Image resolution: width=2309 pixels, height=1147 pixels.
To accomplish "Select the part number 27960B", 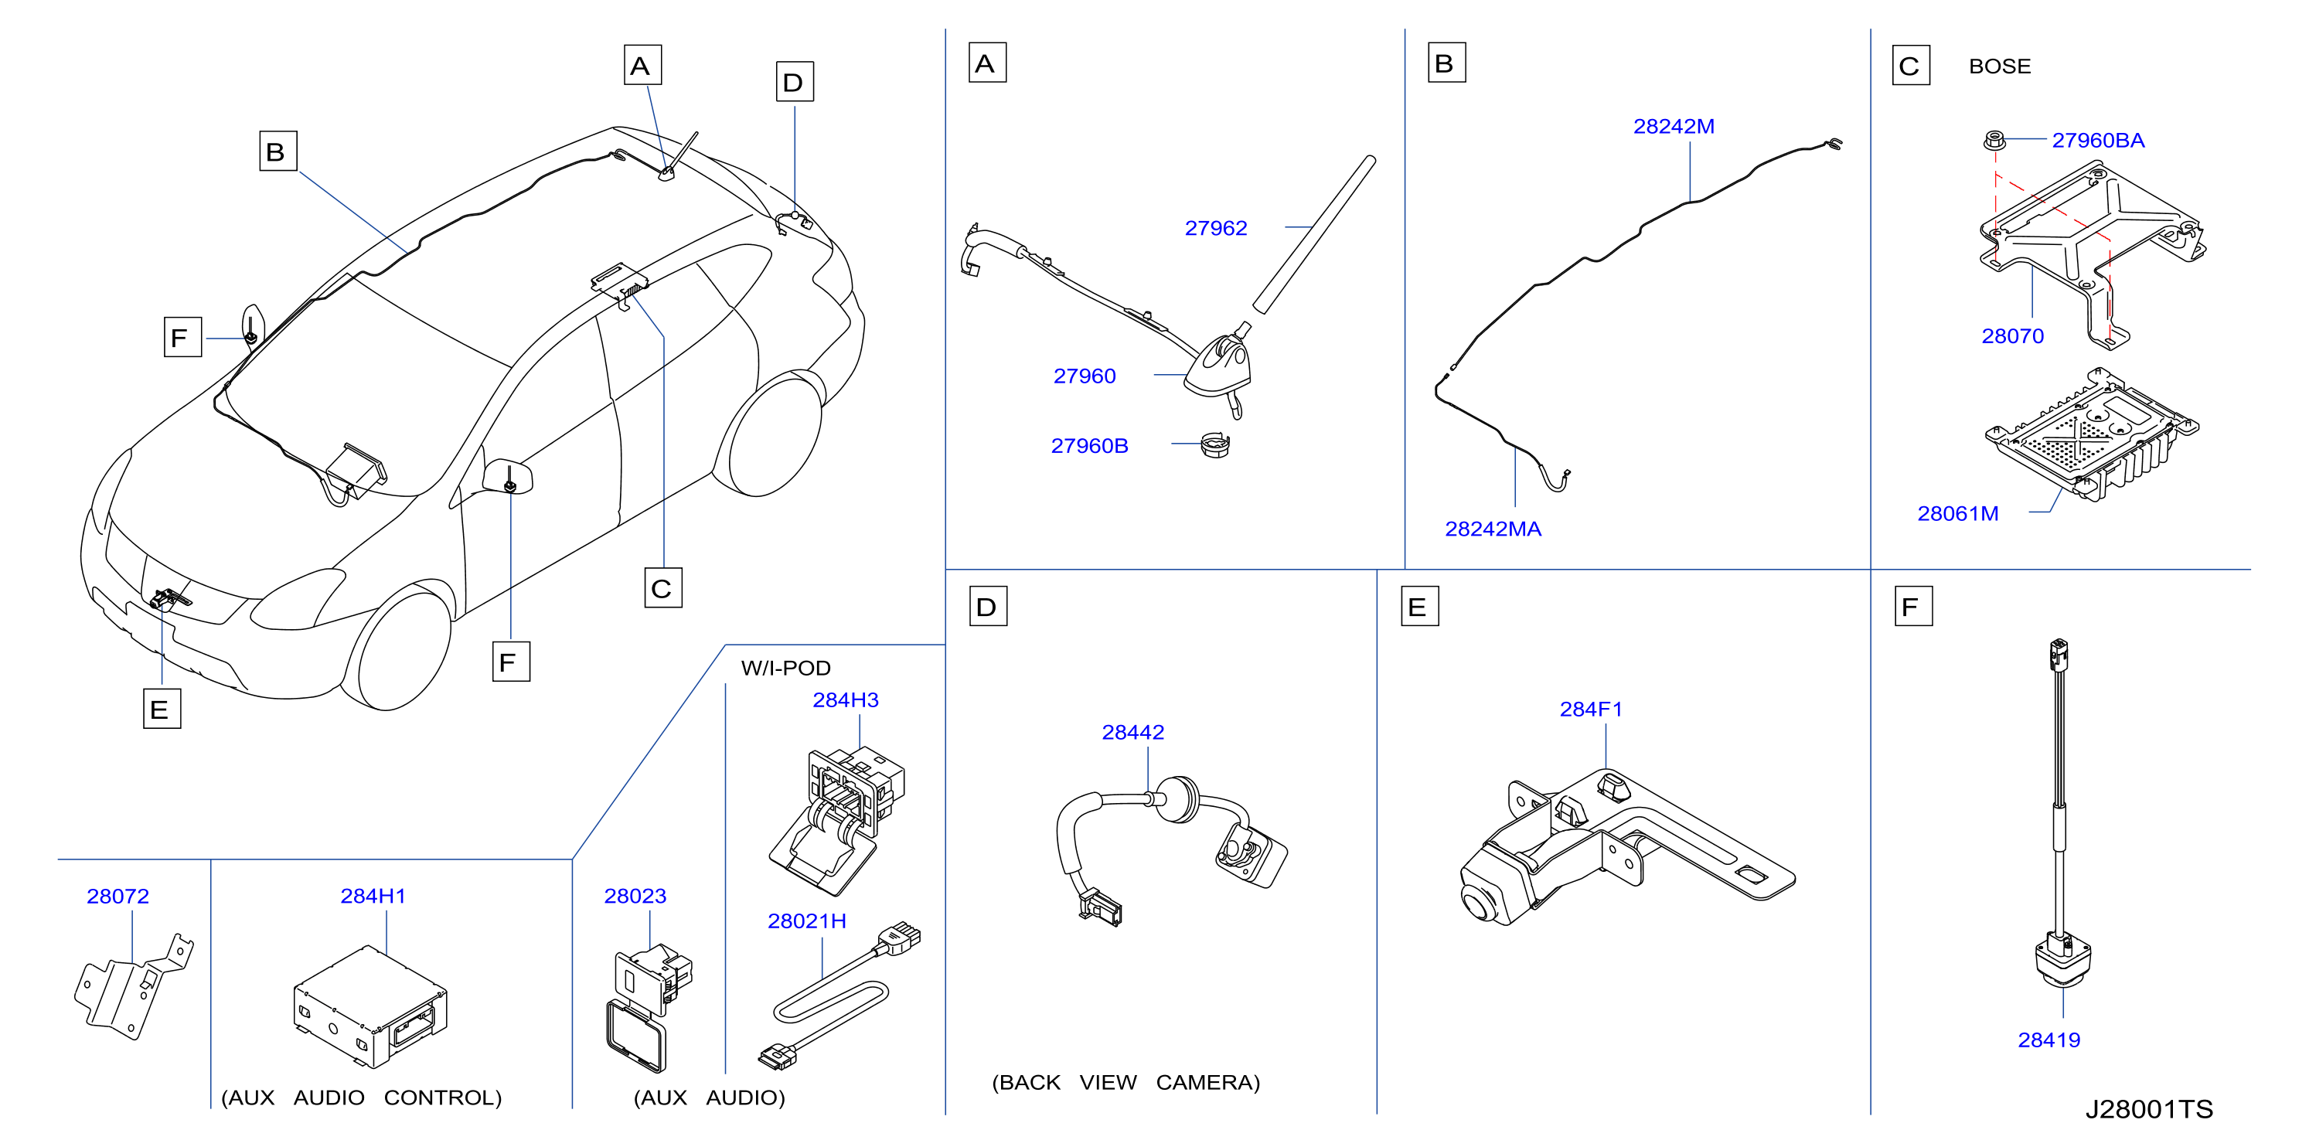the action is pos(1089,446).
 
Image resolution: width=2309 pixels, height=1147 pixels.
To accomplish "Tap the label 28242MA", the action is pos(1493,529).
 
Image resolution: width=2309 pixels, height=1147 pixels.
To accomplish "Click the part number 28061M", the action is pos(1957,514).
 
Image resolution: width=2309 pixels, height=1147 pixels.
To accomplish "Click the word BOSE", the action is pos(2000,66).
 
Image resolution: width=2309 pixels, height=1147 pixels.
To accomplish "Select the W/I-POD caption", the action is pos(785,669).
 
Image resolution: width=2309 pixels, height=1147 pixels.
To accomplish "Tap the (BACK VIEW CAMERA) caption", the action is pos(1126,1083).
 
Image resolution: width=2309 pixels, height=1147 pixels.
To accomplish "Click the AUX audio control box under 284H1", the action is pos(370,1006).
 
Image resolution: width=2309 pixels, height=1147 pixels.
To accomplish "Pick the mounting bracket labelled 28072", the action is pos(134,985).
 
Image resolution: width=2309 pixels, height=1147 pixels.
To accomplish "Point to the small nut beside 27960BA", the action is pos(1994,140).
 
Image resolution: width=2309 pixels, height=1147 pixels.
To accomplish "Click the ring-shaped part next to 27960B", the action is pos(1215,444).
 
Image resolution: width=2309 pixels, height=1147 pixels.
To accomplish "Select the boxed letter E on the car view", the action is pos(162,709).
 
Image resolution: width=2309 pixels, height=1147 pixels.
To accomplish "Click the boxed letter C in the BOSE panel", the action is pos(1911,66).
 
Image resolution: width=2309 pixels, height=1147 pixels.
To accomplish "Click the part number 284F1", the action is pos(1591,710).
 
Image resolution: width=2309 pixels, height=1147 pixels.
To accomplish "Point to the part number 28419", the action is pos(2049,1040).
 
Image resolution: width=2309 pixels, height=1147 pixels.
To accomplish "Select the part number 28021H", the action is pos(807,921).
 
